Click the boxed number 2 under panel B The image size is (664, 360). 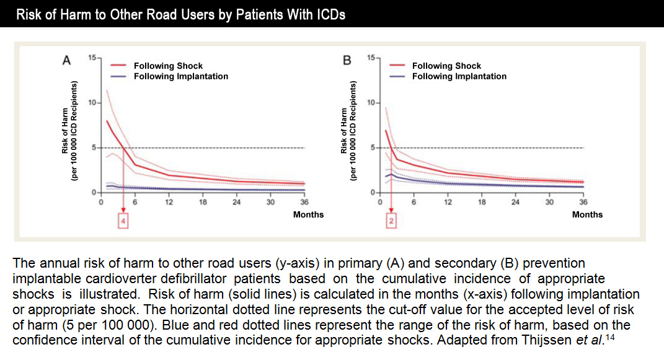coord(391,221)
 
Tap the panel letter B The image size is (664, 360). coord(347,61)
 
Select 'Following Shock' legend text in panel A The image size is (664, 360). coord(168,66)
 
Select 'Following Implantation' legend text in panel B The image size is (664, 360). coord(459,76)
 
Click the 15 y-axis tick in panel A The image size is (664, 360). coord(92,58)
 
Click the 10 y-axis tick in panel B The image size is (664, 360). coord(370,103)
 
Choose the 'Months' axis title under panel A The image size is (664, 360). coord(308,214)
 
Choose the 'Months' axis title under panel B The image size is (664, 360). coord(587,214)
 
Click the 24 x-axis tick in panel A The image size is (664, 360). coord(236,202)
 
